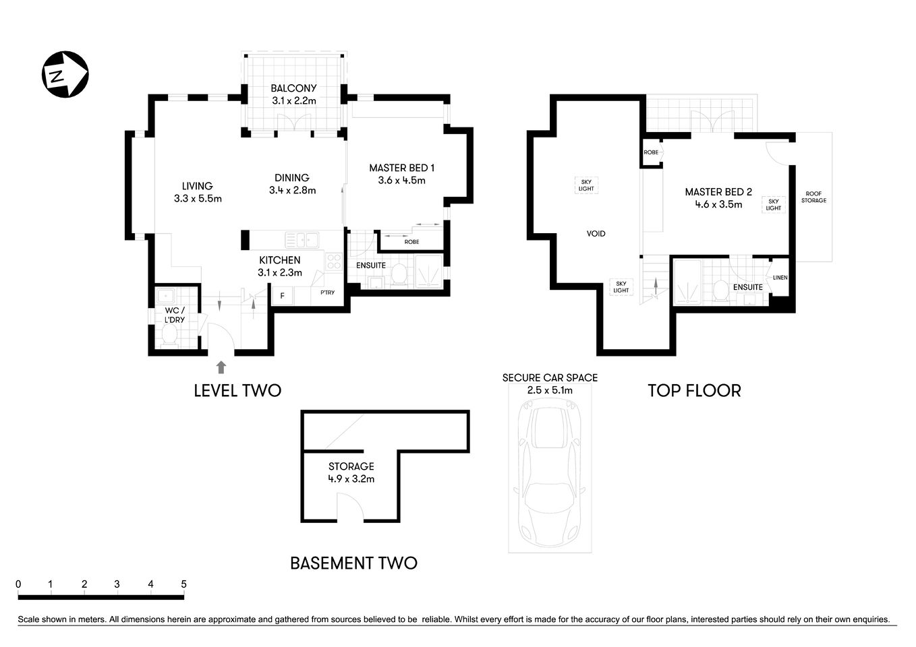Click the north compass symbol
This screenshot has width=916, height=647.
tap(65, 74)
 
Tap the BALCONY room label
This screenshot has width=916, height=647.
tap(293, 88)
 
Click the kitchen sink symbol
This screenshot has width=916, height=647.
tap(302, 239)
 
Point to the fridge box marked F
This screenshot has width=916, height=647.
tap(282, 295)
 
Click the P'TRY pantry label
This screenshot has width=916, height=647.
tap(327, 292)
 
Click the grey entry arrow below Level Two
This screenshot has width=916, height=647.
tap(221, 367)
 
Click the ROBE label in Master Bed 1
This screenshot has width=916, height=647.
tap(411, 242)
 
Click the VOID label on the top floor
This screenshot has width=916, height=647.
tap(596, 234)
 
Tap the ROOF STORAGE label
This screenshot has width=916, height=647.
tap(813, 197)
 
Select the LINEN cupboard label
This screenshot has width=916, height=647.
tap(780, 278)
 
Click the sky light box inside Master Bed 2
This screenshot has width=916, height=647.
tap(773, 205)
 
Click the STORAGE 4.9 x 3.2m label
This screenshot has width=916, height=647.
tap(351, 472)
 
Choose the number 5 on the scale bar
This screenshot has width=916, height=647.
tap(183, 584)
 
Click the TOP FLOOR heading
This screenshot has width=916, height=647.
tap(694, 390)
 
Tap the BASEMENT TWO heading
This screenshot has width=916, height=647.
tap(353, 563)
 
